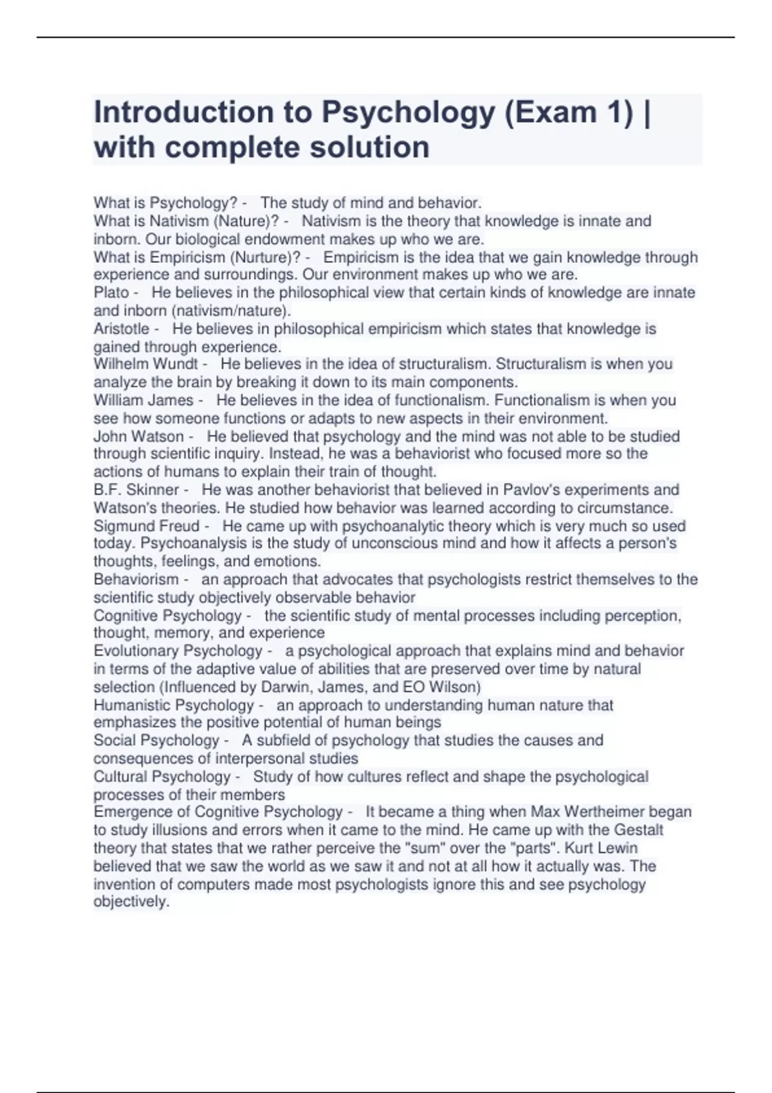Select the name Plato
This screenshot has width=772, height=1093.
(x=111, y=293)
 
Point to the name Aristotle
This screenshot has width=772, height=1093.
(x=122, y=329)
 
